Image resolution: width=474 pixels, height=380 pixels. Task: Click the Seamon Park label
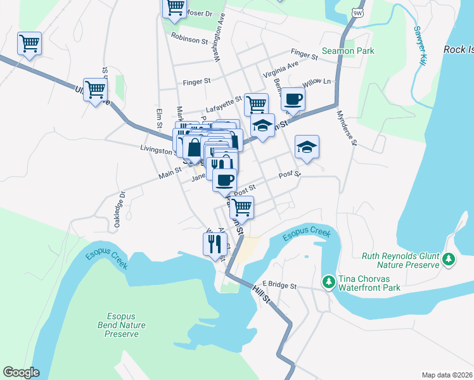coord(348,51)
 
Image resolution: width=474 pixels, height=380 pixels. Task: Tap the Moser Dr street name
coord(202,13)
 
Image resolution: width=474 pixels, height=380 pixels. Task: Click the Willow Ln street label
coord(317,82)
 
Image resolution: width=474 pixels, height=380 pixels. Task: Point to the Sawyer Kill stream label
coord(419,45)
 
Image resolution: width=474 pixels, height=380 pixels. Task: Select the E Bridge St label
coord(279,286)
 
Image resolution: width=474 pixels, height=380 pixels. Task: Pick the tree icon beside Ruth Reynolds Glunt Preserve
coord(449,259)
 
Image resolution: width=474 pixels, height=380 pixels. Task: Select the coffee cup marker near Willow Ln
coord(293,99)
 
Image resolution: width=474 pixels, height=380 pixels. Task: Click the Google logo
coord(21,372)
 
